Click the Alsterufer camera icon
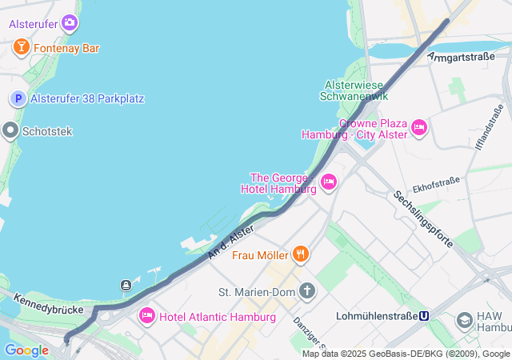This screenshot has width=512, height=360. pos(70,23)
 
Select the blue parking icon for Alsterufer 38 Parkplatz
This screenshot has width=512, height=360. pos(18,98)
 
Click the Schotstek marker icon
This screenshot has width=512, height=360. pos(10,130)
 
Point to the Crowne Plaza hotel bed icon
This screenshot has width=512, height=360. pos(419,128)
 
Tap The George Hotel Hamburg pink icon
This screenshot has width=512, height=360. pos(328,183)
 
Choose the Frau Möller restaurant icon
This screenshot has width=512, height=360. pos(301,254)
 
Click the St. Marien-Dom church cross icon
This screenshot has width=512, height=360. pos(307,290)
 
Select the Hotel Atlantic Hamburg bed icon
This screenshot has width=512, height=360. pos(146,316)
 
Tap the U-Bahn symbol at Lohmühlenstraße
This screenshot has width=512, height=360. pos(423,315)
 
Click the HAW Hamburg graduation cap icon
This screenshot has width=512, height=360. pos(464,321)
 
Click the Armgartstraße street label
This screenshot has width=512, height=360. pos(462,56)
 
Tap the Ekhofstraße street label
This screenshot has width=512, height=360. pos(436,186)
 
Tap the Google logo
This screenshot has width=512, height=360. pos(26,350)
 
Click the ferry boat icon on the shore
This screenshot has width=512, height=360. pos(126,286)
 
